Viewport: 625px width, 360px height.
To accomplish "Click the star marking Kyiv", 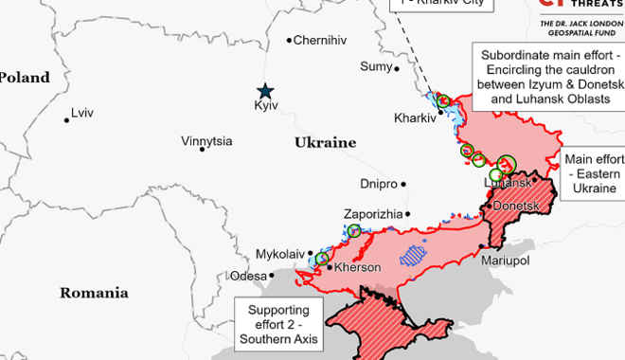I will [x=265, y=91].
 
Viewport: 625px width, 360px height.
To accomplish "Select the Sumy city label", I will [x=376, y=66].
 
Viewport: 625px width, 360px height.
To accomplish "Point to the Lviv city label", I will [x=82, y=114].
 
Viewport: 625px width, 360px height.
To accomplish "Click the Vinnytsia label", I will [x=206, y=141].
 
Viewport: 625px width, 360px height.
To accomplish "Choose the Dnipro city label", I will [x=379, y=184].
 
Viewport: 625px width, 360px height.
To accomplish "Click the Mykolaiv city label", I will [x=280, y=254].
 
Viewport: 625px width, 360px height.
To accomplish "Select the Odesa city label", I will [x=248, y=276].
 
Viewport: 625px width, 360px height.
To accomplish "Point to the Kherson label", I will [x=357, y=268].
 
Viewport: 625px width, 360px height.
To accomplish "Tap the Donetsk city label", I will [x=514, y=206].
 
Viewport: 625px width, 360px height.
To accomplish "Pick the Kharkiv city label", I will [x=414, y=118].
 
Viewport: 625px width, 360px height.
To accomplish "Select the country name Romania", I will [x=94, y=293].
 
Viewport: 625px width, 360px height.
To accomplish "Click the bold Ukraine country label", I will [x=325, y=143].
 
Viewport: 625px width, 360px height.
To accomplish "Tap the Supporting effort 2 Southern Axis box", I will [x=278, y=325].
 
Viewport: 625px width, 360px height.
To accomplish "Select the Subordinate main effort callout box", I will [x=547, y=77].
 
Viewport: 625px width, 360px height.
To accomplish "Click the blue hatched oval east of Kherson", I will [x=414, y=253].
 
